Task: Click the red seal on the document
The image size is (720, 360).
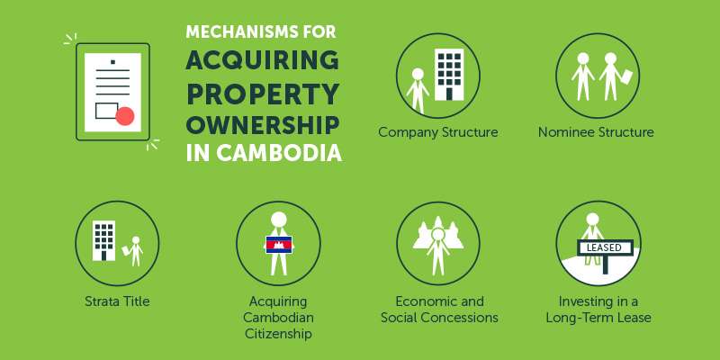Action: [x=125, y=116]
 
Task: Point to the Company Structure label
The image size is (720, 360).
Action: [x=438, y=132]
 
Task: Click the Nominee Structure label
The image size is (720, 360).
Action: [x=596, y=132]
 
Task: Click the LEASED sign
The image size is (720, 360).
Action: [x=605, y=246]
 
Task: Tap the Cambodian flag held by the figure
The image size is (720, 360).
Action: [x=278, y=244]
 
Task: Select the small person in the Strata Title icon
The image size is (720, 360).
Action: [x=136, y=249]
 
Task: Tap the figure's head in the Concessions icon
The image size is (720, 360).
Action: [x=438, y=235]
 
